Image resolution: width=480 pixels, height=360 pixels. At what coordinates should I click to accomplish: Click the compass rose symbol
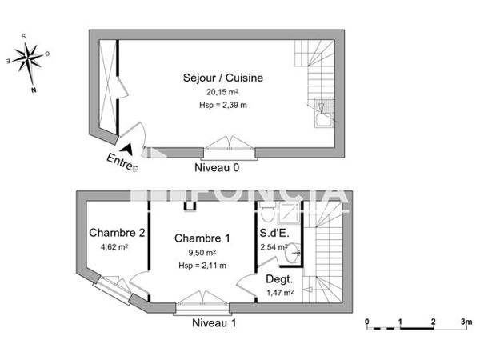[29, 58]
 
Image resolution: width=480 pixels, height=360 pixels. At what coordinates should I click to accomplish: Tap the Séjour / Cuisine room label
[222, 78]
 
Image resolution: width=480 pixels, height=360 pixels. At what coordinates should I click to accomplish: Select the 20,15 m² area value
[222, 92]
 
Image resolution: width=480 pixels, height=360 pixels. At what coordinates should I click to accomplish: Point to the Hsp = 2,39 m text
[222, 104]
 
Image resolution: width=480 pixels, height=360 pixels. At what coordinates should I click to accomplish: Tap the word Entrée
[122, 162]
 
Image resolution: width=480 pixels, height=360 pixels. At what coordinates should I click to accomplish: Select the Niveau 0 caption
[217, 169]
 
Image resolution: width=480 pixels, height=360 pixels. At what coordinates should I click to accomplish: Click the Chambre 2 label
[116, 234]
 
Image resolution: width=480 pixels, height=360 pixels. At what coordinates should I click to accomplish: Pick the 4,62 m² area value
[114, 247]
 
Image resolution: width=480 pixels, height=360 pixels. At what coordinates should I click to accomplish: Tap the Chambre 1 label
[202, 238]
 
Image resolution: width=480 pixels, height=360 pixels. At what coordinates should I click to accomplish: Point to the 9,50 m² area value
[202, 252]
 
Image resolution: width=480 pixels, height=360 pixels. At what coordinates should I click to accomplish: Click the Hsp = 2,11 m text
[202, 265]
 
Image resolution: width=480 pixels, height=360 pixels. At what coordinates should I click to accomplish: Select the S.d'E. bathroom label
[274, 234]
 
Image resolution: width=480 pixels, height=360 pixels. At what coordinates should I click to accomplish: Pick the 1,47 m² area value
[279, 293]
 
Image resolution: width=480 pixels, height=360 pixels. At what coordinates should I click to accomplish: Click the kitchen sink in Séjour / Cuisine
[322, 120]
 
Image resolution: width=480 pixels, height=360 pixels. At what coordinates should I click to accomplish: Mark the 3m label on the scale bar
[466, 322]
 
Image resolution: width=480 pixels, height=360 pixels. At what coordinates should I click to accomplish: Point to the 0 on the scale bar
[367, 322]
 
